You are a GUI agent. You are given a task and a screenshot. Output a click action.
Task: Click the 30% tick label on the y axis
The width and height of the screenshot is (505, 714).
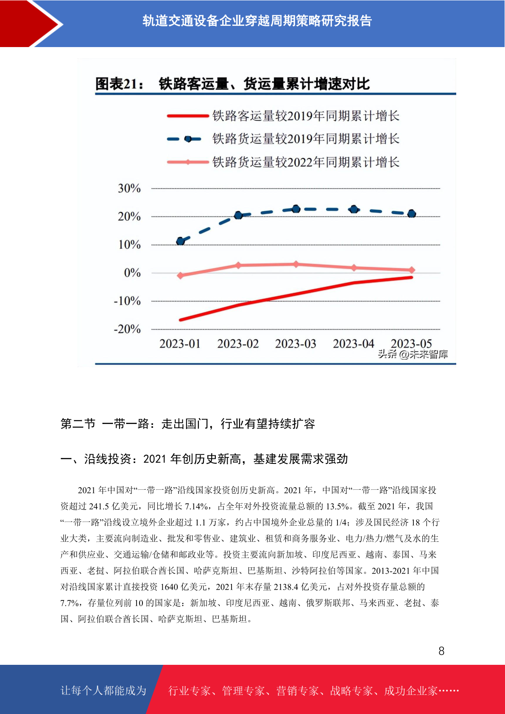click(129, 188)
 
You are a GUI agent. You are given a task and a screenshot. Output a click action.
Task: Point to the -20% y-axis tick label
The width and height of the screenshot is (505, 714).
click(127, 329)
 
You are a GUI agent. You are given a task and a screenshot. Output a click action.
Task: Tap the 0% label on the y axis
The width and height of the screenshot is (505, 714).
click(132, 273)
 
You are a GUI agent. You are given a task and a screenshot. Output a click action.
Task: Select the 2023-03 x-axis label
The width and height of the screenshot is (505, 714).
click(296, 344)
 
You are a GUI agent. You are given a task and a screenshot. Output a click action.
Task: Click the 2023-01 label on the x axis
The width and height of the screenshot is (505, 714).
click(180, 344)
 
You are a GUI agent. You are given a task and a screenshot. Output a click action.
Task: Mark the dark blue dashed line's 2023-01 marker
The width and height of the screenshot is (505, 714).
click(181, 241)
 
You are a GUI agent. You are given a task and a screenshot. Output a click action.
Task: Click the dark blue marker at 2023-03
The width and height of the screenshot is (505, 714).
click(296, 209)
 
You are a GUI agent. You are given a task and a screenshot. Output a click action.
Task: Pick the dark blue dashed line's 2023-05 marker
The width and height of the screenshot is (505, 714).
click(412, 214)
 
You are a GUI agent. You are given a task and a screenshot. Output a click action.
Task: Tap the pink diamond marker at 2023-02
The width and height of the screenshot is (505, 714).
click(238, 265)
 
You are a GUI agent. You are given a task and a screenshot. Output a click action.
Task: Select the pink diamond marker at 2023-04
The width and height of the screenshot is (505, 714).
click(354, 268)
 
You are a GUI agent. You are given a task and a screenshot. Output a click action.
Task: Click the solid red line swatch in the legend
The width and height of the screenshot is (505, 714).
click(188, 116)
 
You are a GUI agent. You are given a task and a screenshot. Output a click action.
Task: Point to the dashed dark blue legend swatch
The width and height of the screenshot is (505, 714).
click(184, 139)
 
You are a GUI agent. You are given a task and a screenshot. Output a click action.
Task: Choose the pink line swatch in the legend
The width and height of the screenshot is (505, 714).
click(188, 162)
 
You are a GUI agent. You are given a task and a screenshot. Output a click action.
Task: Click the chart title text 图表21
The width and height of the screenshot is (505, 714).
click(119, 84)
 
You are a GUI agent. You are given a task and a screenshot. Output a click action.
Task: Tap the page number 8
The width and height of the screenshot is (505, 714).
click(441, 651)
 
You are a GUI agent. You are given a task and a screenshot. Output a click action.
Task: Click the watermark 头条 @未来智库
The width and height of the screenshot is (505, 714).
click(413, 354)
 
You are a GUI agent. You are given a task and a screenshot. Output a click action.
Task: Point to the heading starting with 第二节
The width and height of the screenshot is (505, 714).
click(188, 424)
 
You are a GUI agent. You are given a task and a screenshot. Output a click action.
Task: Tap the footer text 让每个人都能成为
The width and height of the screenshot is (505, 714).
click(103, 691)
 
